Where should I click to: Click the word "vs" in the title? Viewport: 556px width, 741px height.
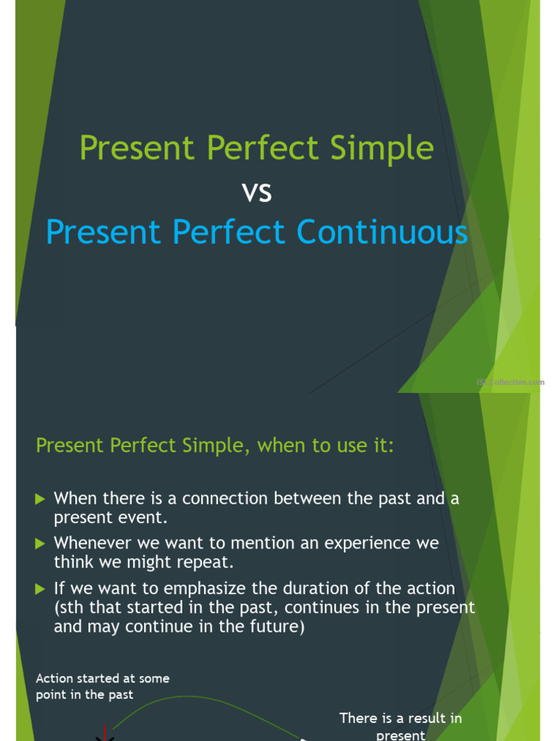pos(256,192)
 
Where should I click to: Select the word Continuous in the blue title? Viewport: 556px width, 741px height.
pos(382,233)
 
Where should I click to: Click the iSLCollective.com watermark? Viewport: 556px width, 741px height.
pos(510,382)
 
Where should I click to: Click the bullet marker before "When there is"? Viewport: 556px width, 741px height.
pos(41,499)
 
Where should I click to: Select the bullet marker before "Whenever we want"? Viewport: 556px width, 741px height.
pos(41,543)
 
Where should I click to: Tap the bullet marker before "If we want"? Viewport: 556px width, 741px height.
pos(41,589)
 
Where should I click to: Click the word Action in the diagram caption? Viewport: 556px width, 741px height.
pos(55,679)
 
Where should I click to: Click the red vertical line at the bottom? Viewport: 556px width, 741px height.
pos(106,732)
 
